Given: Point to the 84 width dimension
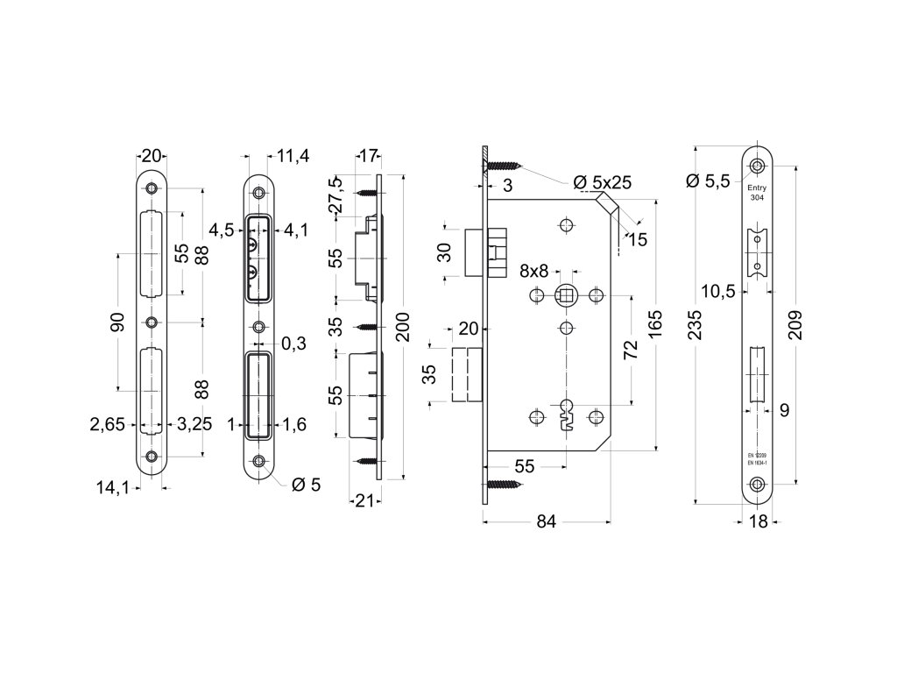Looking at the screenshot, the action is pos(546,522).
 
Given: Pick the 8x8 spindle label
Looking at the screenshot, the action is pos(534,269).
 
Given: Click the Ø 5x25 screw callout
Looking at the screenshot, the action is pos(602,182).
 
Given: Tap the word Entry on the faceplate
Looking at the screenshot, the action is pos(756,188).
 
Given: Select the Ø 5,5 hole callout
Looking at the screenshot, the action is pos(709,181).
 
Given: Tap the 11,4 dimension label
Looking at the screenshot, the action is pos(293,156).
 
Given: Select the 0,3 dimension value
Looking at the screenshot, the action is pos(293,344).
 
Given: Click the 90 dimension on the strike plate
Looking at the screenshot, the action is pos(117,322).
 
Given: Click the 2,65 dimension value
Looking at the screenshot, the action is pos(107,425).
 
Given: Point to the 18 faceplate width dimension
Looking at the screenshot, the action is pos(759,522).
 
